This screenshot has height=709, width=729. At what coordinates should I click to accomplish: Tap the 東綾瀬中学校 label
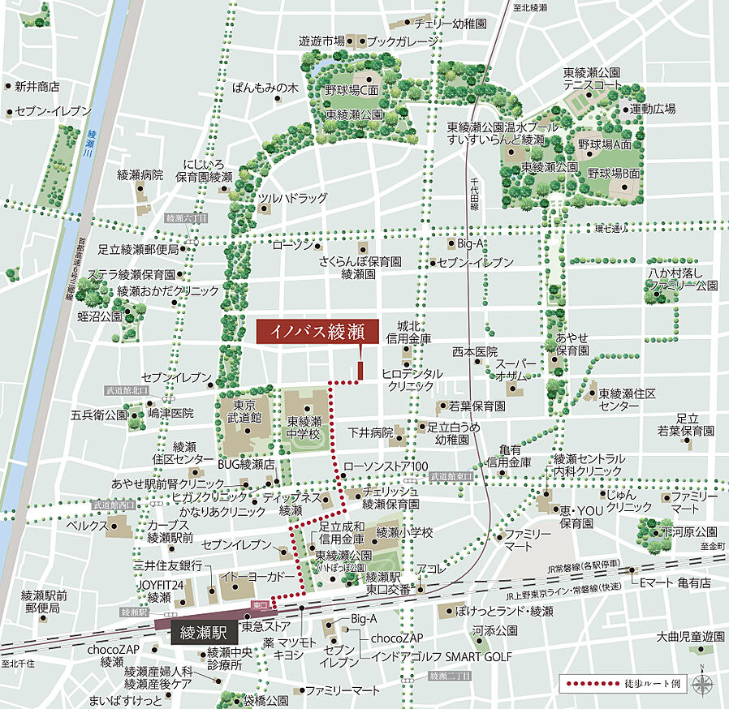[304, 428]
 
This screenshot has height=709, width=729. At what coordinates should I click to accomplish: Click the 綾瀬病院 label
[140, 174]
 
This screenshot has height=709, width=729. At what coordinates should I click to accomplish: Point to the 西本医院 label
[475, 351]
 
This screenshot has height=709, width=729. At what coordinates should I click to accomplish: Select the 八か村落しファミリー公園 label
[682, 279]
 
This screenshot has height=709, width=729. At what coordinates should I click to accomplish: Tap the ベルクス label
[87, 526]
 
